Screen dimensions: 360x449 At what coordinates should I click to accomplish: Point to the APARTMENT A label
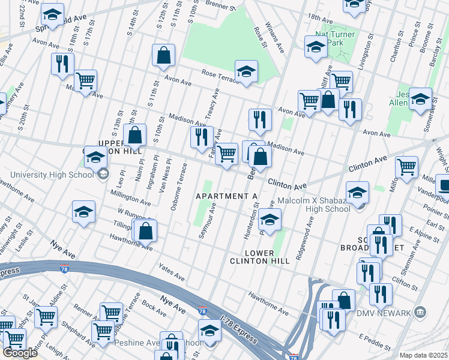click(x=227, y=196)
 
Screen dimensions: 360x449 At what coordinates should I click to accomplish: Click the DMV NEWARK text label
click(x=385, y=313)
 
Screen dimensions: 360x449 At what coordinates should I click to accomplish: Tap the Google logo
click(x=20, y=352)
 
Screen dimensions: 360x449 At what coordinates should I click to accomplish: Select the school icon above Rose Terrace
click(x=246, y=72)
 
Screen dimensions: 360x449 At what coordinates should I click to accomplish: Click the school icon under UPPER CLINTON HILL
click(x=95, y=158)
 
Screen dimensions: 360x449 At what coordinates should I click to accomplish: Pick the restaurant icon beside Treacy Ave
click(x=202, y=137)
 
